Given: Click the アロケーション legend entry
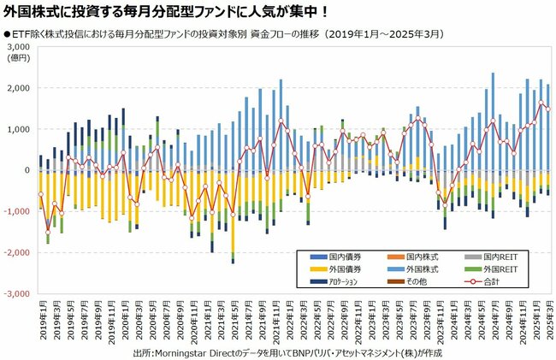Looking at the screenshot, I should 342,281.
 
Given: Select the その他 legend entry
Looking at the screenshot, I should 411,281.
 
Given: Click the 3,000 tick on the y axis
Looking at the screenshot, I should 18,47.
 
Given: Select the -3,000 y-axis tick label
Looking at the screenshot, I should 16,293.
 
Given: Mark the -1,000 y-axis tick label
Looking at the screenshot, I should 16,211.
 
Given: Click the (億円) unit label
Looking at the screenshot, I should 18,57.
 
